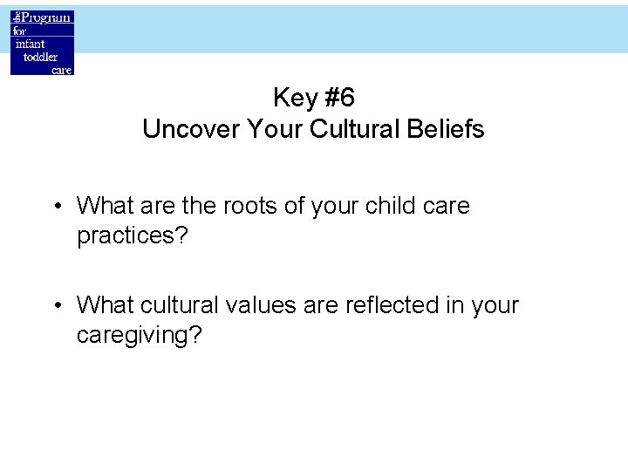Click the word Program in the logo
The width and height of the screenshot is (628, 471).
point(47,18)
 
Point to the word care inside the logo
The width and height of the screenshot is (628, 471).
point(61,70)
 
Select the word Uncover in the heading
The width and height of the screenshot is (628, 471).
point(191,130)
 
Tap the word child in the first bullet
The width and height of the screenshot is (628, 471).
point(391,206)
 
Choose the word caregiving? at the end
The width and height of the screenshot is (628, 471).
point(139,336)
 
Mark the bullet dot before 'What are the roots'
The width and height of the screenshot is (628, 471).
point(57,207)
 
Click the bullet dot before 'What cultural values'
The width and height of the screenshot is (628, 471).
point(57,306)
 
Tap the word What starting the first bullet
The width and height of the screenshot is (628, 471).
point(102,206)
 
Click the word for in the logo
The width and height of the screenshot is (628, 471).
point(20,31)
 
